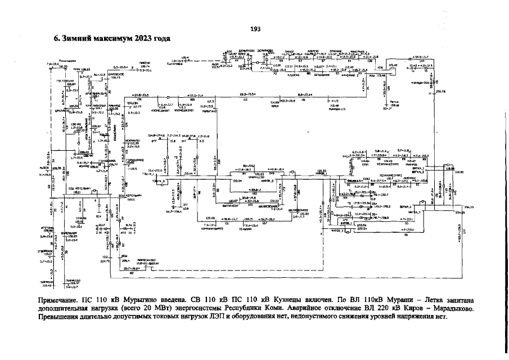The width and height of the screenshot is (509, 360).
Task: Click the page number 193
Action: [x=254, y=29]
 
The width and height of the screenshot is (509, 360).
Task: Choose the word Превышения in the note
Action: [x=59, y=317]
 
